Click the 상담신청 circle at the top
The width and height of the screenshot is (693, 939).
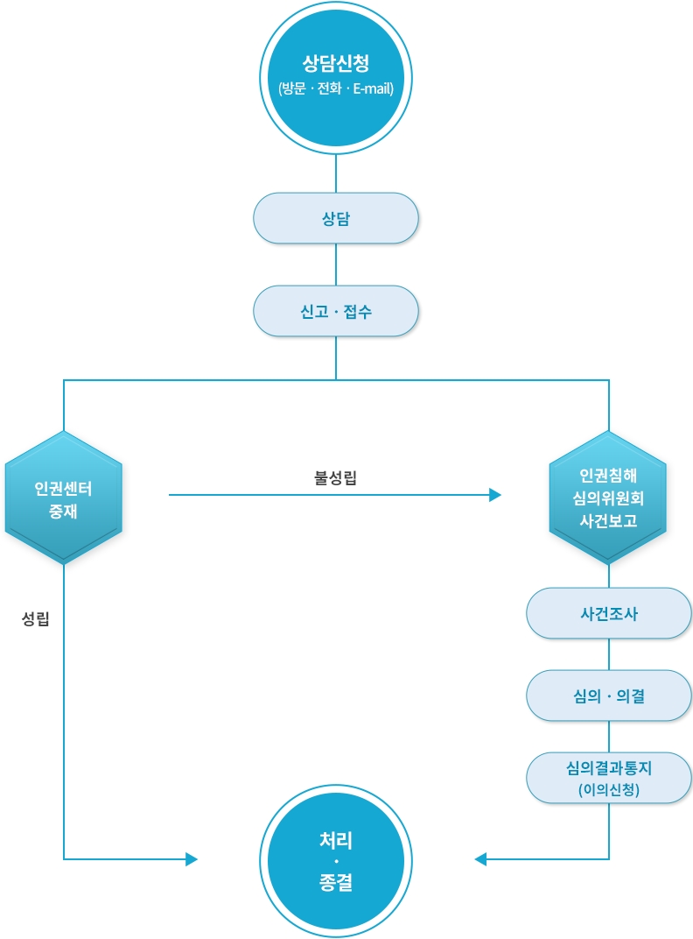336,78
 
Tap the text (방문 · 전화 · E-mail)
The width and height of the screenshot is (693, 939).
336,89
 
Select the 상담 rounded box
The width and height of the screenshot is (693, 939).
336,218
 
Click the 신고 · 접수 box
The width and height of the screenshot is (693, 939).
336,311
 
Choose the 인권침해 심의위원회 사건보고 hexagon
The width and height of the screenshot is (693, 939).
608,498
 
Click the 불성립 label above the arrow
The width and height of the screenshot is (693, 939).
335,478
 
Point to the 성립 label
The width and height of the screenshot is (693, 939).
35,619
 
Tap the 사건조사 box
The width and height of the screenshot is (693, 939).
608,613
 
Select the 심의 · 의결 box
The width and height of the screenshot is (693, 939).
608,695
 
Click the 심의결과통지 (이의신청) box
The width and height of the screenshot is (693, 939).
608,778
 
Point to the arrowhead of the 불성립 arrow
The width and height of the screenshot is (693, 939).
495,496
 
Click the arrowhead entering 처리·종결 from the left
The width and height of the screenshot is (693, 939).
192,859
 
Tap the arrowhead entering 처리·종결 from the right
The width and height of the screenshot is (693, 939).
480,859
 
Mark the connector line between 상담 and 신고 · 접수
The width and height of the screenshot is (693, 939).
336,265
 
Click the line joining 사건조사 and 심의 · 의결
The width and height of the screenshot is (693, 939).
609,654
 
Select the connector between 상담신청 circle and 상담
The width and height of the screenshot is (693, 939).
336,173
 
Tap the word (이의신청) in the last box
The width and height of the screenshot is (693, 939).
609,789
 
